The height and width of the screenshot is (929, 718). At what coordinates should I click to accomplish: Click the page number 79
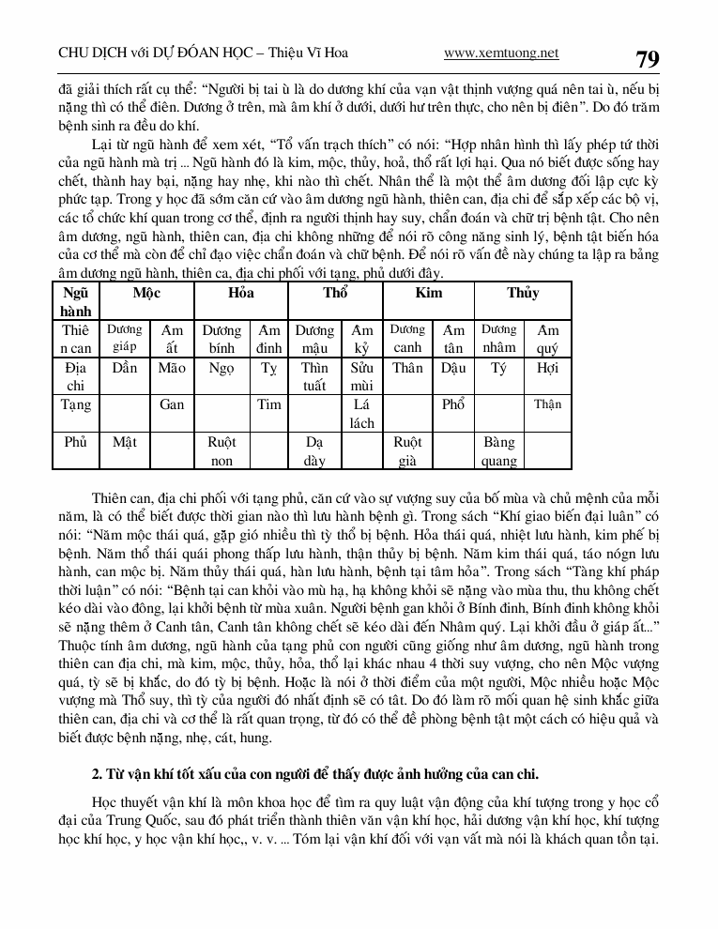tap(647, 58)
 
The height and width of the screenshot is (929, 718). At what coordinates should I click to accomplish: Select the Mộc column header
tap(146, 294)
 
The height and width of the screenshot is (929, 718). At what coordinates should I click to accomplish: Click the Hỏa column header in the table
tap(241, 294)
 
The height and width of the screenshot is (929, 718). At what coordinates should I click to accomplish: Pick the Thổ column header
tap(335, 294)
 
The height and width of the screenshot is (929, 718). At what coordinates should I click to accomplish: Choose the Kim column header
tap(429, 294)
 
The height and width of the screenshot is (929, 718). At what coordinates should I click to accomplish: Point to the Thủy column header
tap(523, 294)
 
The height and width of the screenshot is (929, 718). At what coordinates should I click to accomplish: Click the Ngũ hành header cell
tap(75, 301)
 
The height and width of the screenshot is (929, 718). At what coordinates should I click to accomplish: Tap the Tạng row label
tap(75, 405)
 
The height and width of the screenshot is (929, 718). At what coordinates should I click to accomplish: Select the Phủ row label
tap(75, 442)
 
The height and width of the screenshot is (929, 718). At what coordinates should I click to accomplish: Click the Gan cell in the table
tap(172, 405)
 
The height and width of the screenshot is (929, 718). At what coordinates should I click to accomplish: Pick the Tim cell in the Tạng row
tap(269, 405)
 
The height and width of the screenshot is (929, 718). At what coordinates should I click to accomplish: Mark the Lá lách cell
tap(362, 414)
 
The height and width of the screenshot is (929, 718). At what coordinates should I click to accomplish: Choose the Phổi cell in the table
tap(453, 405)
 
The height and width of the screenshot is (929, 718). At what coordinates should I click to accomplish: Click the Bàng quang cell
tap(498, 451)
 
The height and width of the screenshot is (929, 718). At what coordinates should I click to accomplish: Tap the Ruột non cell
tap(222, 451)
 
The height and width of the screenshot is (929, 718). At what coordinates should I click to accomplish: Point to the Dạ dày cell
tap(314, 451)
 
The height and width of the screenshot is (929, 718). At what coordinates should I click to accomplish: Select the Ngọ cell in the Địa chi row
tap(222, 369)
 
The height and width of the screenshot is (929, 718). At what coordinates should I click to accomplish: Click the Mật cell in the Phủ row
tap(124, 442)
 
